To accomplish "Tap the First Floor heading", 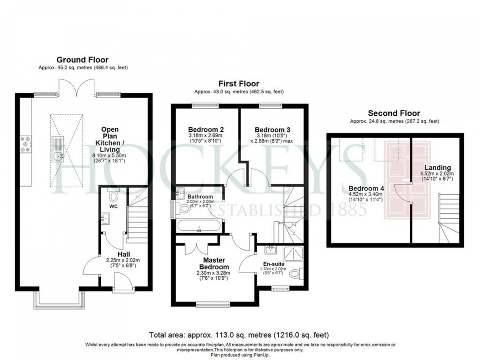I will pos(239,83).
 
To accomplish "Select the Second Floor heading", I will pos(394,113).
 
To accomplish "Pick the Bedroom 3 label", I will pos(272,130).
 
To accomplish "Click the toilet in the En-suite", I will pos(295,274).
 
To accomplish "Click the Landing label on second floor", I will pos(439,168).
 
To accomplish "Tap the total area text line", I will pos(239,335).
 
